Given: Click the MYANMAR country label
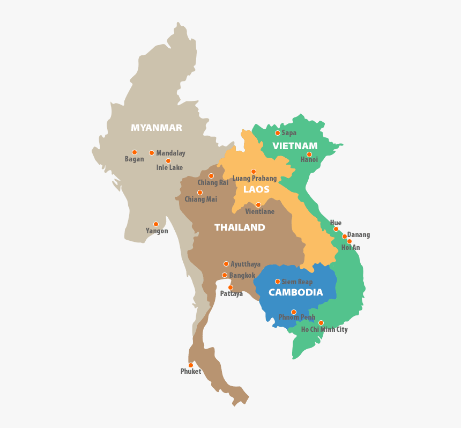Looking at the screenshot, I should [x=157, y=128].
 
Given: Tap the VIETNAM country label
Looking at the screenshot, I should [x=295, y=146].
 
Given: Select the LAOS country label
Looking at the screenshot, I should [x=256, y=189].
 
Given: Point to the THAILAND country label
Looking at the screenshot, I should [x=240, y=227].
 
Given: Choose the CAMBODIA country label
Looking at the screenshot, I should [x=295, y=292].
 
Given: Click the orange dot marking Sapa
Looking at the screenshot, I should [x=277, y=133].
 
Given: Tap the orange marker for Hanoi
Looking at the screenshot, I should [x=309, y=154].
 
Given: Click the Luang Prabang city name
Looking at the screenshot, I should [x=255, y=178].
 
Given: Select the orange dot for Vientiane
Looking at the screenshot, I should [x=258, y=205].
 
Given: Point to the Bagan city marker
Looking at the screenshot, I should [x=135, y=152].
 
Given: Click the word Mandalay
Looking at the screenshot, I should [x=170, y=153].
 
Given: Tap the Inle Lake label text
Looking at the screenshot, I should [x=169, y=167].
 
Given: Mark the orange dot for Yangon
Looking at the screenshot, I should [x=156, y=224].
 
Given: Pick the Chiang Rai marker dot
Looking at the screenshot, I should [x=211, y=176].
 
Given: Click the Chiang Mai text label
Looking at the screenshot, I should [x=201, y=200].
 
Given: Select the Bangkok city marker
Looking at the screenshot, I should [x=225, y=275].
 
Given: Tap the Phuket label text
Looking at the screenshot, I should [x=191, y=371].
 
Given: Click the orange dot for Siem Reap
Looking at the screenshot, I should [x=277, y=282].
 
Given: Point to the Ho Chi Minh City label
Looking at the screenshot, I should [x=324, y=329].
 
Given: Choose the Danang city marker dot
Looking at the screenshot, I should [x=345, y=237].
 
